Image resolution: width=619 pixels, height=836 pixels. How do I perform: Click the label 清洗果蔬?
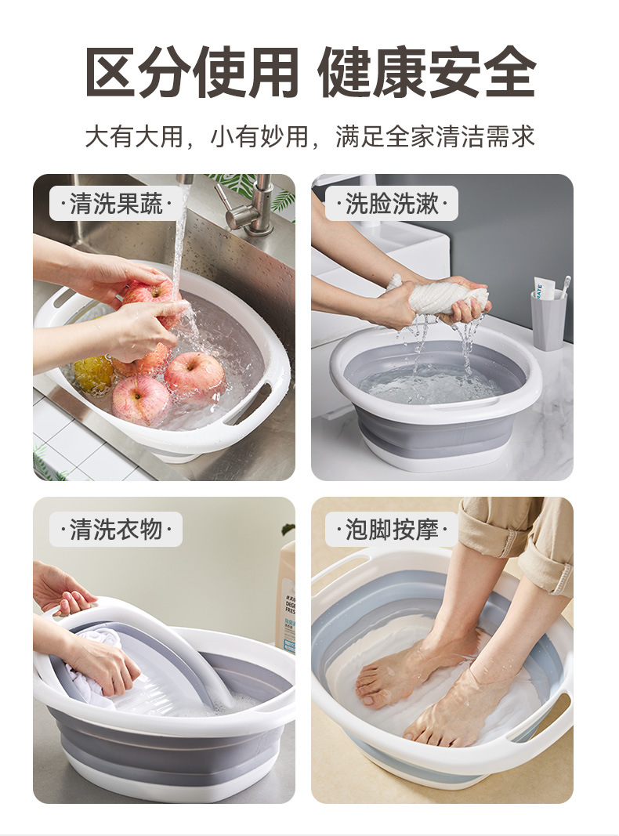(x=116, y=204)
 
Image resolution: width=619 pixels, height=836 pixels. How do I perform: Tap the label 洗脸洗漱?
(x=392, y=204)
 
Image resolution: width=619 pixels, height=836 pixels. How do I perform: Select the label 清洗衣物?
(x=116, y=530)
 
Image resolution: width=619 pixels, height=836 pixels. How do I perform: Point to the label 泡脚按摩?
(x=392, y=530)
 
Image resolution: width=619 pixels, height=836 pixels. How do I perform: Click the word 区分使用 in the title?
(x=192, y=73)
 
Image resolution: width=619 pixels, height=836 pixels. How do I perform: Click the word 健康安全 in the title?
(x=427, y=73)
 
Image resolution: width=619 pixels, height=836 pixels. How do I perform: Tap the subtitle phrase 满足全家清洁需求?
(x=435, y=136)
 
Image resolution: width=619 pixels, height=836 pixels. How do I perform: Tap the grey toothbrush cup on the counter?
(x=548, y=320)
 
